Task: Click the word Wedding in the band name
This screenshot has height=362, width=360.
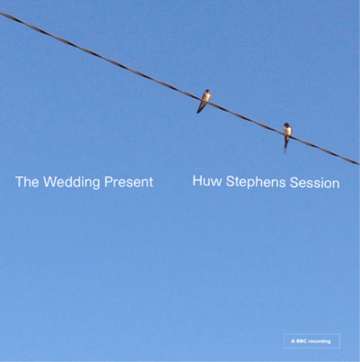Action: pos(72,182)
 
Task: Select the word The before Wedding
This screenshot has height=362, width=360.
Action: pos(27,182)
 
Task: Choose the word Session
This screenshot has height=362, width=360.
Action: pos(315,183)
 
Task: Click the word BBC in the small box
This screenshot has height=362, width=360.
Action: pos(303,341)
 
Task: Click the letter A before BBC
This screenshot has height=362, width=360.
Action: pos(293,341)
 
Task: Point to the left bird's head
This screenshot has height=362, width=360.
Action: pos(207,92)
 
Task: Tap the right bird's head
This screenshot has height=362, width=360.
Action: pos(288,125)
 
